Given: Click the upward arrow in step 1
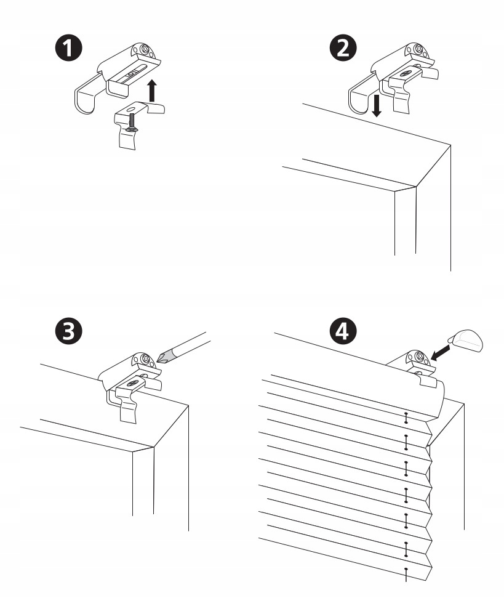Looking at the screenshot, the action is tap(153, 91).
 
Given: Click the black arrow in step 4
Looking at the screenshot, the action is tap(442, 352).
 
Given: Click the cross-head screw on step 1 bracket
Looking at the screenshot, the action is tap(145, 50).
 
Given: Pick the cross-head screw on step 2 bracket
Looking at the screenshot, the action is tap(419, 49).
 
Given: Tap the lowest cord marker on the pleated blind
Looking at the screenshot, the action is tap(406, 572).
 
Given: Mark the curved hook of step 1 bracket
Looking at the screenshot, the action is tap(83, 99).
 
